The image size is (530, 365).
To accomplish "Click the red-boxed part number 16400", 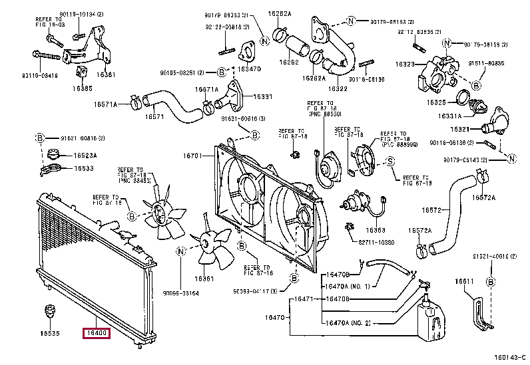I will click(x=97, y=332).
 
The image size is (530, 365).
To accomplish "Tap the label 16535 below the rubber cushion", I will click(x=48, y=333).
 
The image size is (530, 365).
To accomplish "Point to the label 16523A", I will click(x=85, y=155).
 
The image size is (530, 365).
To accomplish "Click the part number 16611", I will click(x=464, y=281).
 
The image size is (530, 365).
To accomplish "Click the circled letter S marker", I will click(x=391, y=160).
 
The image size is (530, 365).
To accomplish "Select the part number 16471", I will click(x=303, y=299).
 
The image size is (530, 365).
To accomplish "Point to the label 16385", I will click(x=83, y=88).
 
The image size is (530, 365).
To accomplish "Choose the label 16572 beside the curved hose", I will click(x=431, y=211).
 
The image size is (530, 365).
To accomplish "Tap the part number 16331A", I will click(x=451, y=115).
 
